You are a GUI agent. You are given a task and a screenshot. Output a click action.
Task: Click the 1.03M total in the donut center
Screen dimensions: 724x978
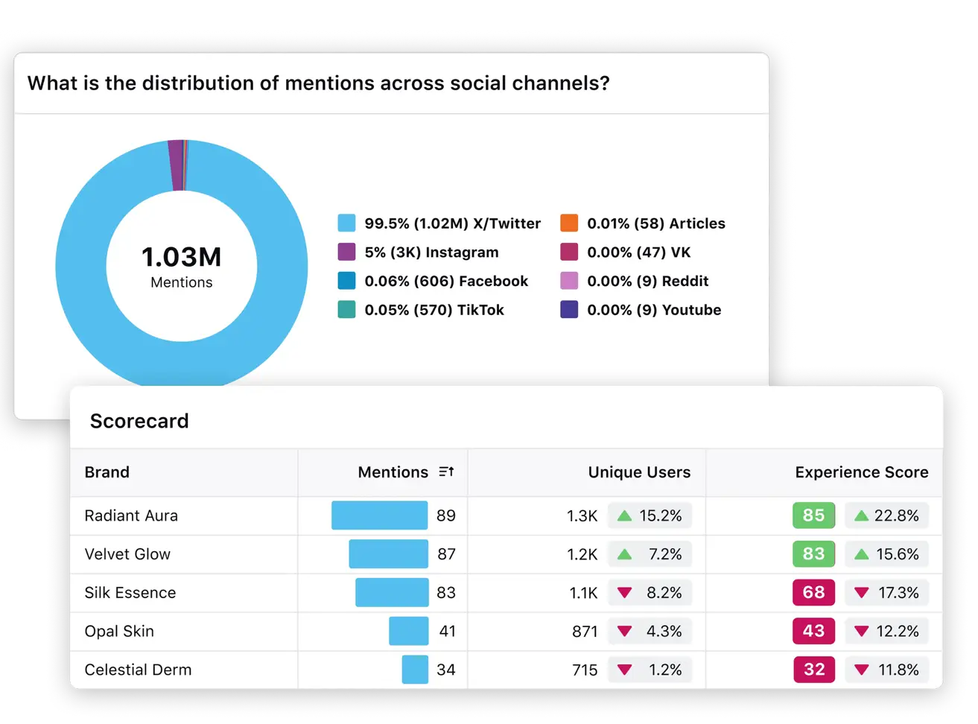pyautogui.click(x=181, y=257)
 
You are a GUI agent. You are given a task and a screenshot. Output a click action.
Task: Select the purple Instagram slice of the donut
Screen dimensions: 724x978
pyautogui.click(x=176, y=165)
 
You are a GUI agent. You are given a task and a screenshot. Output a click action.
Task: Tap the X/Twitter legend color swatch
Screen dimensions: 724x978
pyautogui.click(x=346, y=223)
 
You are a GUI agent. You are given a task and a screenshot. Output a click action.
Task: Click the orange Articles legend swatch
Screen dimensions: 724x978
pyautogui.click(x=569, y=223)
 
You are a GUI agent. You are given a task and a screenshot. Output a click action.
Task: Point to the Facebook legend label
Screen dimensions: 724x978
pyautogui.click(x=446, y=282)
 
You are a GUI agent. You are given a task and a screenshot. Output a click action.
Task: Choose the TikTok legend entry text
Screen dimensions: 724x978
pyautogui.click(x=434, y=310)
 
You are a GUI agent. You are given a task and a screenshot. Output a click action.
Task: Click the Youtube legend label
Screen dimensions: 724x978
pyautogui.click(x=654, y=310)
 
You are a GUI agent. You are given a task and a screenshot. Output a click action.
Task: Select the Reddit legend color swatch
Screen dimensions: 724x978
pyautogui.click(x=569, y=282)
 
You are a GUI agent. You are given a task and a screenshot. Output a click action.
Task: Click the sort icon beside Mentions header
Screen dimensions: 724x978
pyautogui.click(x=446, y=472)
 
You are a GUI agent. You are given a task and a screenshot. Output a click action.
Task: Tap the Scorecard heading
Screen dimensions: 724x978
pyautogui.click(x=139, y=421)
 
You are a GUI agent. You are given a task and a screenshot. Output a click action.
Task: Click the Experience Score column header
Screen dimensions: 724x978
pyautogui.click(x=861, y=472)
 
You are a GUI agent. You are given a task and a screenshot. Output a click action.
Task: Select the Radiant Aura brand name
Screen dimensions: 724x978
pyautogui.click(x=131, y=515)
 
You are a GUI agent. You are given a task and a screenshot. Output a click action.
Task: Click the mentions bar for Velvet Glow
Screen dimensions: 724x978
pyautogui.click(x=388, y=554)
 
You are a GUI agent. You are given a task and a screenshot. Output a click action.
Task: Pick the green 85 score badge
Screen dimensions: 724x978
pyautogui.click(x=813, y=515)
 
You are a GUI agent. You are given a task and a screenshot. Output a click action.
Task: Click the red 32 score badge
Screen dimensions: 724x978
pyautogui.click(x=813, y=670)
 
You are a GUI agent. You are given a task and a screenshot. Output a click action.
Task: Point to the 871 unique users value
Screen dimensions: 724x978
pyautogui.click(x=585, y=632)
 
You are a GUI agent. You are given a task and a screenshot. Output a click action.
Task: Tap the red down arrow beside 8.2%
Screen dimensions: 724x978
pyautogui.click(x=625, y=593)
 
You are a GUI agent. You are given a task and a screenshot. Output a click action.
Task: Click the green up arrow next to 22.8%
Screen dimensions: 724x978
pyautogui.click(x=862, y=515)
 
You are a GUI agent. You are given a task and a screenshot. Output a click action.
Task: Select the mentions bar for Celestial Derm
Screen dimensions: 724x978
pyautogui.click(x=415, y=670)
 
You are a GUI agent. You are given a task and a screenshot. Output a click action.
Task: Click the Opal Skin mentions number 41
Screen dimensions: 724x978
pyautogui.click(x=447, y=632)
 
